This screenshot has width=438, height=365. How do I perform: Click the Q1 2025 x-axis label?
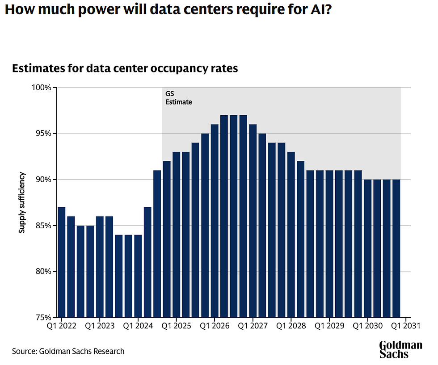(176, 325)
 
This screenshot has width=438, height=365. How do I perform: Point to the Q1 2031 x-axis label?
(405, 325)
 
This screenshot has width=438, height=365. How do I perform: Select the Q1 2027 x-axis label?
(253, 325)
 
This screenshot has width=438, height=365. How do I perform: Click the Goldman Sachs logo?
(400, 349)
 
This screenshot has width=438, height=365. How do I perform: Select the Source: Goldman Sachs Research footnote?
(68, 351)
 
